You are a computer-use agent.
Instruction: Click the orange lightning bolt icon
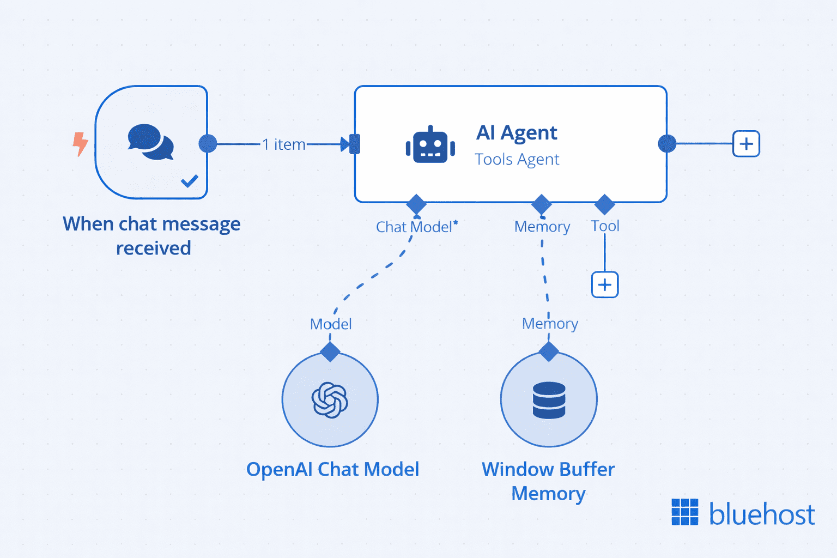click(x=80, y=143)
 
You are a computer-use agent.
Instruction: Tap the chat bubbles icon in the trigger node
click(x=150, y=142)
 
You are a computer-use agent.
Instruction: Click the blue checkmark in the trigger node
click(x=189, y=180)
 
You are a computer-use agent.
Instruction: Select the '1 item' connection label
click(x=283, y=144)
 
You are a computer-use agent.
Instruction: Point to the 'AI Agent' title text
click(x=517, y=132)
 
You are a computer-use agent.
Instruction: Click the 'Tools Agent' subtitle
click(x=517, y=159)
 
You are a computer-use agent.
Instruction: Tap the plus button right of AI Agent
click(x=746, y=144)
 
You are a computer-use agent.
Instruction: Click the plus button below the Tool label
click(x=605, y=284)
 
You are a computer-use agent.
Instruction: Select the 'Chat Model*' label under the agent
click(x=416, y=227)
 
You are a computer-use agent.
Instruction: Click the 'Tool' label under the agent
click(x=605, y=226)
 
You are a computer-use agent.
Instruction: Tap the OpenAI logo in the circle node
click(x=330, y=400)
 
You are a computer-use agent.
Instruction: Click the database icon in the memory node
click(x=549, y=400)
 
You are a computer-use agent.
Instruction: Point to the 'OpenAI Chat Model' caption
click(x=332, y=469)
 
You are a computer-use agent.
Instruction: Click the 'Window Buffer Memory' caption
click(x=548, y=481)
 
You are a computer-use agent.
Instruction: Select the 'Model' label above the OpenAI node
click(x=331, y=324)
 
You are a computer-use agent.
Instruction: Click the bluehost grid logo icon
click(x=684, y=512)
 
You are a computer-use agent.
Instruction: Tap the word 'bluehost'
click(x=761, y=514)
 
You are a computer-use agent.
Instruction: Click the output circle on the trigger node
click(x=208, y=144)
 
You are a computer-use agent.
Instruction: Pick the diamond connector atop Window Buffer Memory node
click(x=549, y=352)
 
